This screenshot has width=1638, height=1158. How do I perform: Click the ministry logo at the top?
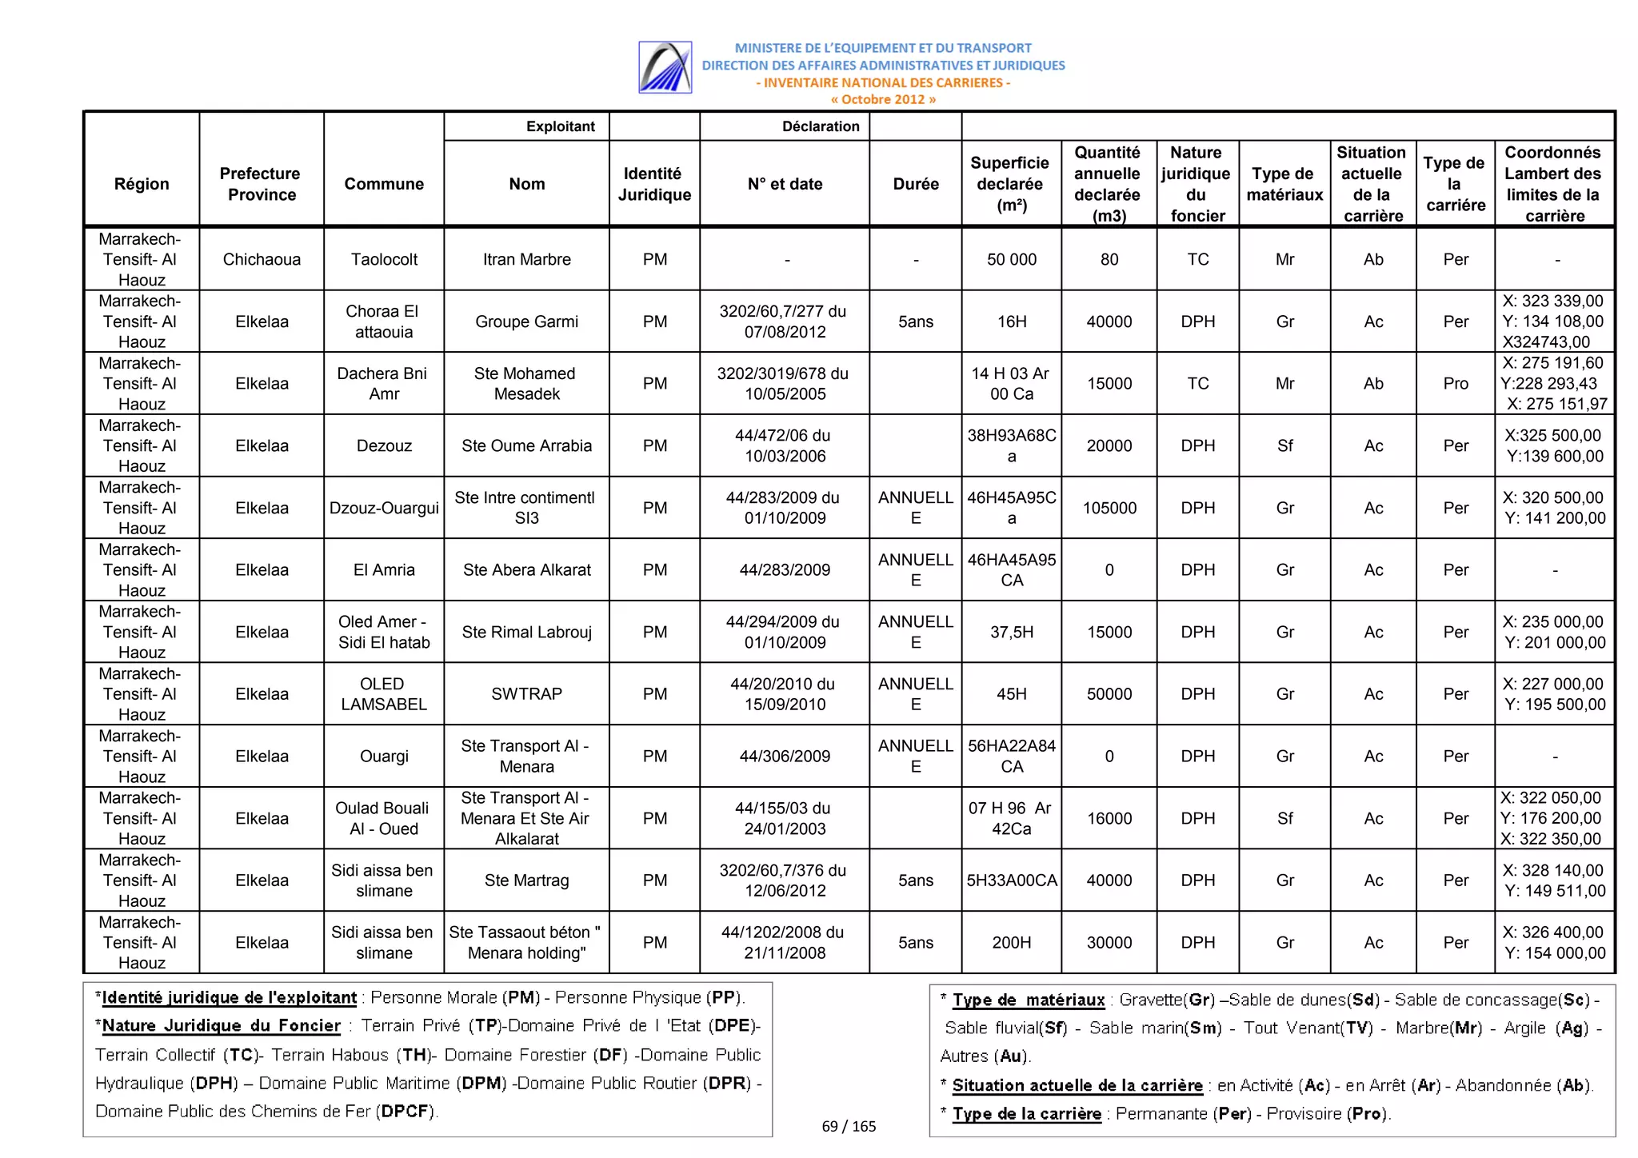tap(665, 67)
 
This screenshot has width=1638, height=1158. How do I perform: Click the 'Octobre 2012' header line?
tap(883, 100)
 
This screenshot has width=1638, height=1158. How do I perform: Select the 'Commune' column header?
tap(384, 184)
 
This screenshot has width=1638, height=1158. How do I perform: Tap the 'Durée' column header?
tap(916, 184)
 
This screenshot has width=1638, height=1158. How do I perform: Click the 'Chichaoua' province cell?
tap(262, 259)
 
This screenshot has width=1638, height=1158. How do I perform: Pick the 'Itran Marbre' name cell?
tap(526, 259)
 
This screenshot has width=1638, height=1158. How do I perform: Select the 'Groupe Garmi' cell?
tap(526, 321)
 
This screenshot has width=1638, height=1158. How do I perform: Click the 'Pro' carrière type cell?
tap(1456, 384)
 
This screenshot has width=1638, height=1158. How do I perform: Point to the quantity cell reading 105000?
tap(1109, 508)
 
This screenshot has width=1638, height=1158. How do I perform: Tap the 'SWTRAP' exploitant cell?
tap(526, 694)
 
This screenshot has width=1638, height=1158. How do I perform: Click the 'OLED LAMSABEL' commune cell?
tap(384, 694)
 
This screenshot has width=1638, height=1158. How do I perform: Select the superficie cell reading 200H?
tap(1012, 943)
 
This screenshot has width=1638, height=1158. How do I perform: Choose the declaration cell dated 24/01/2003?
tap(785, 819)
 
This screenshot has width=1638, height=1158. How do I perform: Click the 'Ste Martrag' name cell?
tap(526, 880)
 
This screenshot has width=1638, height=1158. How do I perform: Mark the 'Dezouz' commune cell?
tap(384, 446)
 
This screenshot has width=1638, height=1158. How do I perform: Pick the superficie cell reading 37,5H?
tap(1012, 633)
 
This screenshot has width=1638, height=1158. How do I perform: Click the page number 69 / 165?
tap(849, 1126)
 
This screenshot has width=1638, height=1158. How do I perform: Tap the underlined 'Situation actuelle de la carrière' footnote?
tap(1077, 1085)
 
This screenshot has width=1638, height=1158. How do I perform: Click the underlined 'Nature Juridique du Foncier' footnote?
tap(222, 1026)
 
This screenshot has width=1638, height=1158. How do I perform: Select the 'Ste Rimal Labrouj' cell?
tap(526, 633)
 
